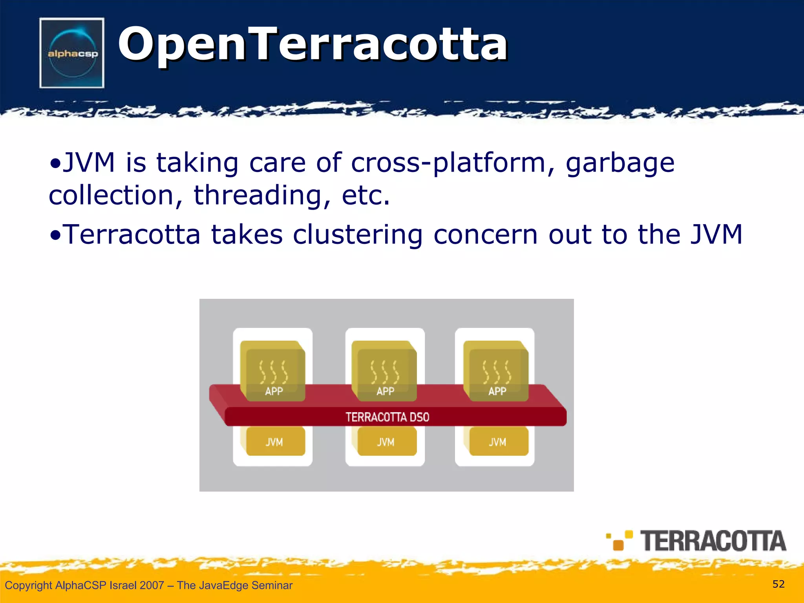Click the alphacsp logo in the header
pos(72,53)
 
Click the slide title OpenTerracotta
pos(312,44)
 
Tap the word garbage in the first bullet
pos(619,163)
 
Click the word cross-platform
pos(453,163)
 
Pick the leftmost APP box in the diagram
pos(274,371)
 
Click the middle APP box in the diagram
pos(385,371)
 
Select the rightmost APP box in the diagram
pos(497,371)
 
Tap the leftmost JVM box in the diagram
pos(274,442)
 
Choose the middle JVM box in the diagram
pos(386,442)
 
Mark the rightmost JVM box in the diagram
pos(498,442)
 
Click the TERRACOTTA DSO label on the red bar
pos(387,417)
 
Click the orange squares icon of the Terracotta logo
pos(619,541)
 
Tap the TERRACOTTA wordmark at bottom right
pos(713,541)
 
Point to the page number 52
pos(778,584)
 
